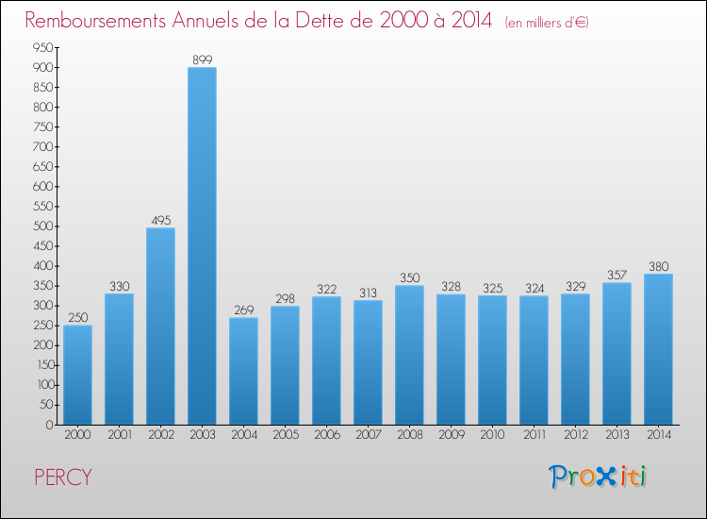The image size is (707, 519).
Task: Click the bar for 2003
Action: coord(202,245)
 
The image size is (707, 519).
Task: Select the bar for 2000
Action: coord(77,375)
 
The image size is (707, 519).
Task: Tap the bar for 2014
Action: coord(658,349)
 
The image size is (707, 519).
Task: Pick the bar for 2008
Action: coord(409,355)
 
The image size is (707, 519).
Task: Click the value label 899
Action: coord(202,59)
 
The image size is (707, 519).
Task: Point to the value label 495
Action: coord(160,219)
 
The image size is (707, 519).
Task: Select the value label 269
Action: coord(243,309)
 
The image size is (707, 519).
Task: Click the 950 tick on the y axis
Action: coord(41,47)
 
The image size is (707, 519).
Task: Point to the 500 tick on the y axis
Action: coord(41,226)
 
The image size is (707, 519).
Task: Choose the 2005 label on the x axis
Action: coord(285,436)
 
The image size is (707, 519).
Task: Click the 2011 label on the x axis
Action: coord(534,436)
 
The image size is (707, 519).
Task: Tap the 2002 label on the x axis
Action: coord(160,436)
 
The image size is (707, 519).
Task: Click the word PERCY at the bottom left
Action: coord(62,477)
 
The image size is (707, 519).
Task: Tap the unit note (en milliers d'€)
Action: coord(547,23)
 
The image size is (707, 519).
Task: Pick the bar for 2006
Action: coord(326,360)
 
